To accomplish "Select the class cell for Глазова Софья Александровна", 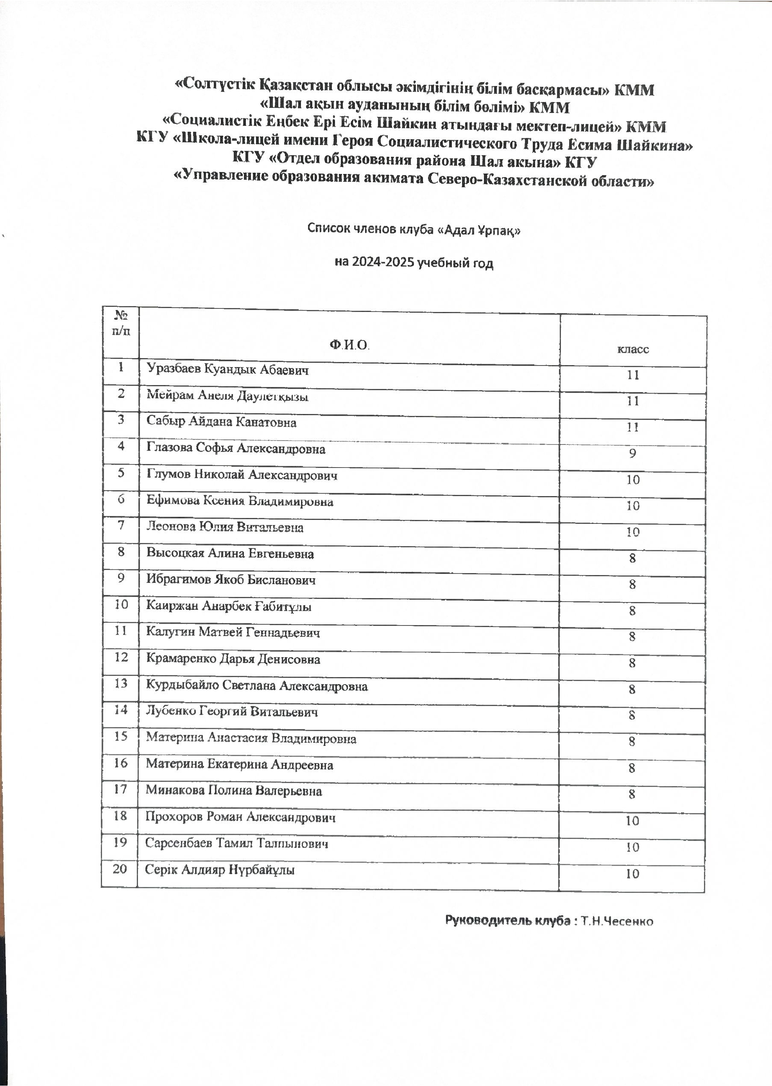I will click(x=632, y=453).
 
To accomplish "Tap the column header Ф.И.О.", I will click(x=349, y=345).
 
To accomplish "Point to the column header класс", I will click(x=633, y=349).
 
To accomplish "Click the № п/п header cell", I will click(x=121, y=323).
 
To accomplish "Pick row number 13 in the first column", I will click(x=121, y=683).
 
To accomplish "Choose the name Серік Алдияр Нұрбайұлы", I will click(x=220, y=870).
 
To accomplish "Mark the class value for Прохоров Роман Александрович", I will click(x=632, y=821).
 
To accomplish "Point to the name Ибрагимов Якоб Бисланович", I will click(x=231, y=580).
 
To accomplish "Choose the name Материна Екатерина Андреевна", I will click(x=239, y=765).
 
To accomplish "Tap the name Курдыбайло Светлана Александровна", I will click(x=257, y=686).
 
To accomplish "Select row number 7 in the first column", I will click(x=121, y=525).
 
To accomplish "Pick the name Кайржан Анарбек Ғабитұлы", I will click(x=229, y=606).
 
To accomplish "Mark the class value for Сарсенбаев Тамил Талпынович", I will click(x=632, y=847).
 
